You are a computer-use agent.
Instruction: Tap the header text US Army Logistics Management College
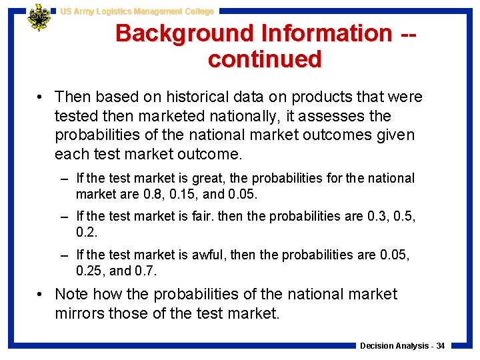pyautogui.click(x=137, y=11)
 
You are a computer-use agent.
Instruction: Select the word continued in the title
pyautogui.click(x=265, y=59)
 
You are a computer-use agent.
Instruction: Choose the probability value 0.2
pyautogui.click(x=86, y=233)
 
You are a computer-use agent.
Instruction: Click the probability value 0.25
pyautogui.click(x=89, y=271)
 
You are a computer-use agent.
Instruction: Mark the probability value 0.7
pyautogui.click(x=147, y=271)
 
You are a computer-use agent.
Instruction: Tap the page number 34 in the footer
pyautogui.click(x=439, y=346)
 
